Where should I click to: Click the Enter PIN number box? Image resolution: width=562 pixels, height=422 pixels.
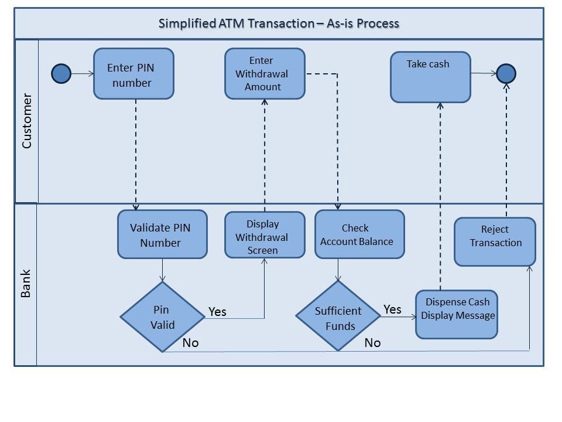point(133,74)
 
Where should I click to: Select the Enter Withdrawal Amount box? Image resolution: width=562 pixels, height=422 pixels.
point(265,73)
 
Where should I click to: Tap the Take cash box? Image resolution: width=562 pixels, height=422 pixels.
point(430,77)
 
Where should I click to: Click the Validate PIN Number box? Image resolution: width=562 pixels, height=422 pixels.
point(162,234)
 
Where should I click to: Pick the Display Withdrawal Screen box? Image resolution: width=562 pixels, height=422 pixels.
point(265,235)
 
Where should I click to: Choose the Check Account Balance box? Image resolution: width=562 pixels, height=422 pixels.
point(359,234)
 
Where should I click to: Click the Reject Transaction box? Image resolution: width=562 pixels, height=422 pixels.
point(495,241)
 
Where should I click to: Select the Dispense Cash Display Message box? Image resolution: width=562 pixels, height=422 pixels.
point(457,314)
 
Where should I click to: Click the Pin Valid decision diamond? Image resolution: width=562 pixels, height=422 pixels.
point(163,316)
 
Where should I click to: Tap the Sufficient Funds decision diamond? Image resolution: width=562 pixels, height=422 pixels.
point(338,316)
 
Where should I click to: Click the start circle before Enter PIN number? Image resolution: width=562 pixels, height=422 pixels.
point(61,74)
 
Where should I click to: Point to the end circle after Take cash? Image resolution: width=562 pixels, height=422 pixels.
point(506,74)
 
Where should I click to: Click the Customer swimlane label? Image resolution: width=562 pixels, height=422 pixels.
point(26,121)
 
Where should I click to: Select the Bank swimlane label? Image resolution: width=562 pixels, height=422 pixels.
point(26,284)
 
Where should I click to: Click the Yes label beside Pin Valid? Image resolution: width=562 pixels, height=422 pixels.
point(217,312)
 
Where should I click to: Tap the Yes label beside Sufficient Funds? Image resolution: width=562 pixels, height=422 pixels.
point(392,309)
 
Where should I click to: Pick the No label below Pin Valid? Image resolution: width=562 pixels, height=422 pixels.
point(190,343)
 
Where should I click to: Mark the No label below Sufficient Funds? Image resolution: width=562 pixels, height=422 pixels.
point(372,343)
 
